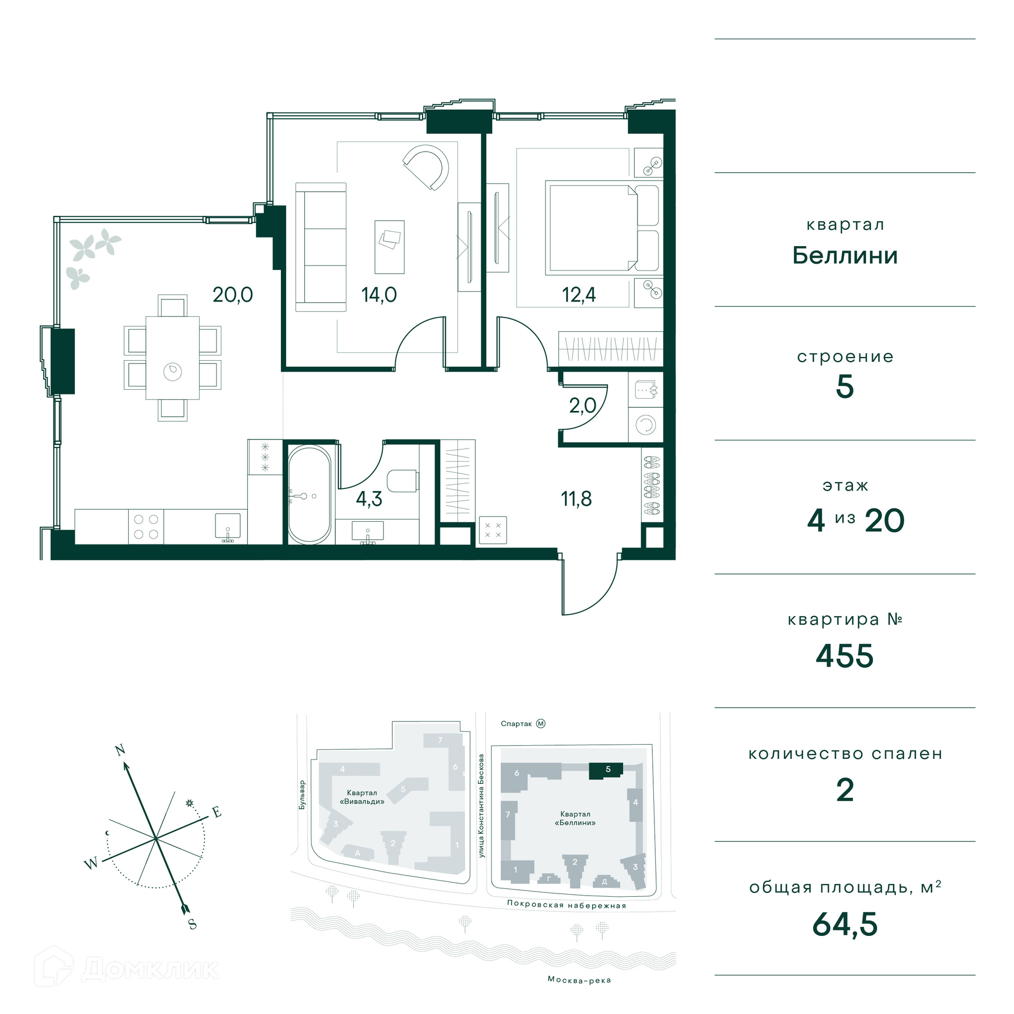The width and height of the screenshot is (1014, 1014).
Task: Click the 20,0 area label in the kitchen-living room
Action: [232, 295]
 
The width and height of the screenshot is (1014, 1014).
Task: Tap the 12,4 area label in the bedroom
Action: [579, 295]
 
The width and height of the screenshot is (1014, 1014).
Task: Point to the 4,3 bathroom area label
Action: [369, 499]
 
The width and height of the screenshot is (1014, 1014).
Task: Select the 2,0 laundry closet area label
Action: [583, 406]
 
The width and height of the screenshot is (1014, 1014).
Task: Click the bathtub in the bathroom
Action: [309, 495]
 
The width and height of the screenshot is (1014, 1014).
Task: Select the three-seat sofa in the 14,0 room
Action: [321, 247]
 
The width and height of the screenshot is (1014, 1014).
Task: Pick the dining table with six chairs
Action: [172, 358]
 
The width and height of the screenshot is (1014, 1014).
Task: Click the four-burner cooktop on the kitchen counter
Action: [146, 527]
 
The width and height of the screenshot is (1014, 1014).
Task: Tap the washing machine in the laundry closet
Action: [645, 425]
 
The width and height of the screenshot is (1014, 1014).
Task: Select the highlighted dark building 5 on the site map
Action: [606, 771]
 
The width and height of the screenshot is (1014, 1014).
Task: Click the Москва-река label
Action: [579, 980]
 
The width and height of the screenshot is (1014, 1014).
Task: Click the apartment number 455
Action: [844, 656]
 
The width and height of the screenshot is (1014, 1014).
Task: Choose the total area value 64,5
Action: [845, 924]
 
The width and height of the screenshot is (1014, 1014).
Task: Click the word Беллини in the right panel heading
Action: [845, 256]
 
